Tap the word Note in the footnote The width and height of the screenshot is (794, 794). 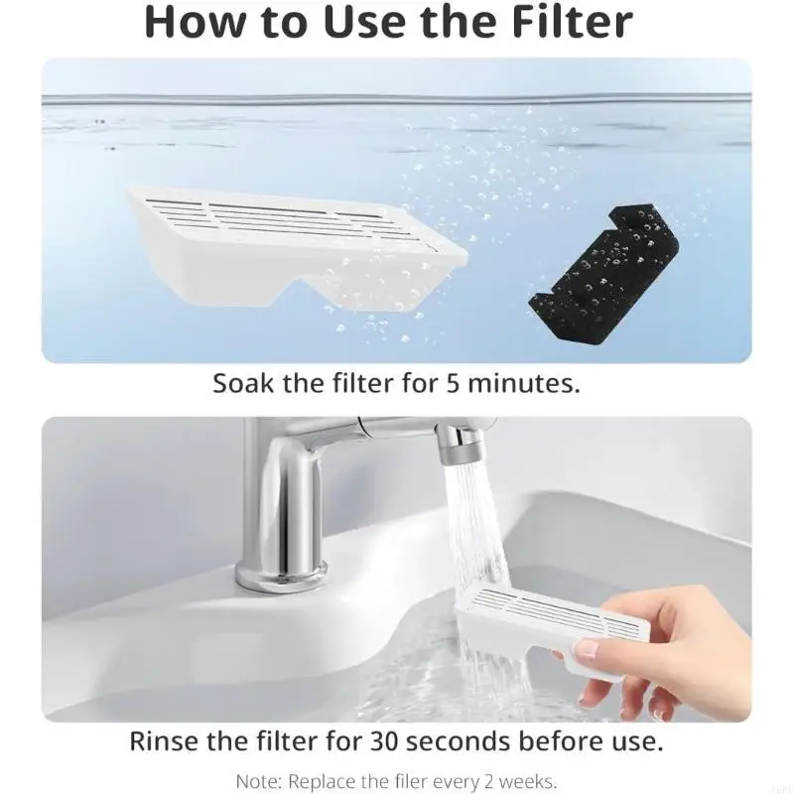click(x=257, y=779)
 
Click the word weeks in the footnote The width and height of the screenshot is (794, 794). click(x=532, y=779)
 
